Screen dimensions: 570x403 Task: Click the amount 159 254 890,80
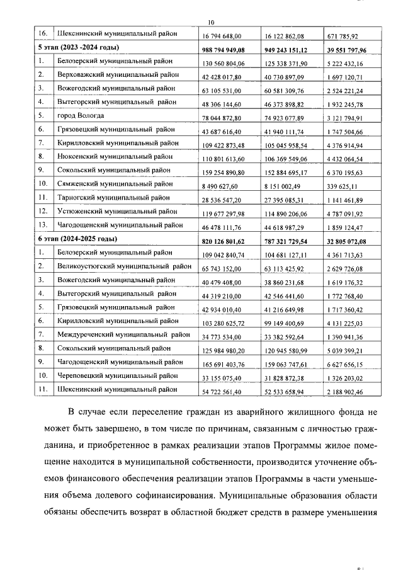228,173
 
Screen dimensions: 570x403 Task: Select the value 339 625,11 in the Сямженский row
346,186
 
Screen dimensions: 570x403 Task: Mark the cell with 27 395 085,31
288,200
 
